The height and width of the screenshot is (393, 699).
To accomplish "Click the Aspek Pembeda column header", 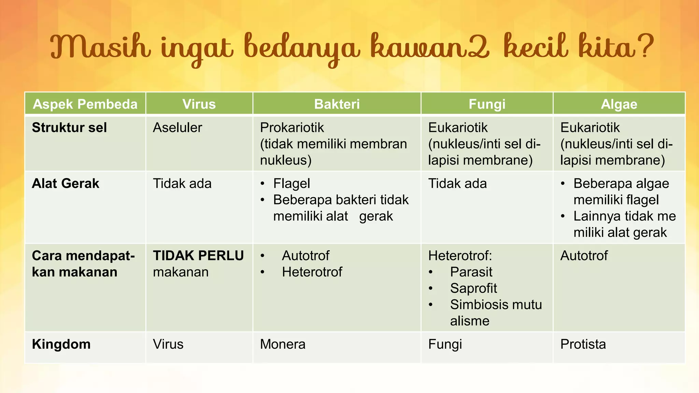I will pyautogui.click(x=85, y=104).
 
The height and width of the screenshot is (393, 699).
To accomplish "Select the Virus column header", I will pyautogui.click(x=199, y=104).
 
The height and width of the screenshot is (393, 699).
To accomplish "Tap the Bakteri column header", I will pyautogui.click(x=337, y=104).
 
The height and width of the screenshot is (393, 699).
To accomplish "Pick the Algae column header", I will pyautogui.click(x=619, y=104).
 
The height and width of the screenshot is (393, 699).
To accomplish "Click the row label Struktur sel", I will pyautogui.click(x=69, y=128).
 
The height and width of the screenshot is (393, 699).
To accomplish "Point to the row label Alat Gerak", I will pyautogui.click(x=66, y=184).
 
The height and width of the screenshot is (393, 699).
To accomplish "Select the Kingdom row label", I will pyautogui.click(x=61, y=344).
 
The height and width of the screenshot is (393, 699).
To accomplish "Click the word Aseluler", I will pyautogui.click(x=177, y=128).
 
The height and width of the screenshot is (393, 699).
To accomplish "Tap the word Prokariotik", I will pyautogui.click(x=292, y=128).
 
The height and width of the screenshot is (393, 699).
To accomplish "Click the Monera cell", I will pyautogui.click(x=283, y=344).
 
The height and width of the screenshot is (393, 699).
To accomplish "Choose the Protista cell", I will pyautogui.click(x=583, y=344).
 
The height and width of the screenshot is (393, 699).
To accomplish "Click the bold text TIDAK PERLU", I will pyautogui.click(x=198, y=256).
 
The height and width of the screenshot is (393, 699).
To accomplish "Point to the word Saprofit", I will pyautogui.click(x=473, y=288).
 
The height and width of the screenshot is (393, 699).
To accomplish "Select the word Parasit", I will pyautogui.click(x=471, y=272).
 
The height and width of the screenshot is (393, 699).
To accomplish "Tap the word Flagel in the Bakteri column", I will pyautogui.click(x=291, y=184).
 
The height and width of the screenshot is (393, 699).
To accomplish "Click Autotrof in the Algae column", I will pyautogui.click(x=584, y=256).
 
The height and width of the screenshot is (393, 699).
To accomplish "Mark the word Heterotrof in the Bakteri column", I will pyautogui.click(x=312, y=272).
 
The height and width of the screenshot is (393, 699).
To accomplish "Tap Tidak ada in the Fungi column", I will pyautogui.click(x=457, y=184).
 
